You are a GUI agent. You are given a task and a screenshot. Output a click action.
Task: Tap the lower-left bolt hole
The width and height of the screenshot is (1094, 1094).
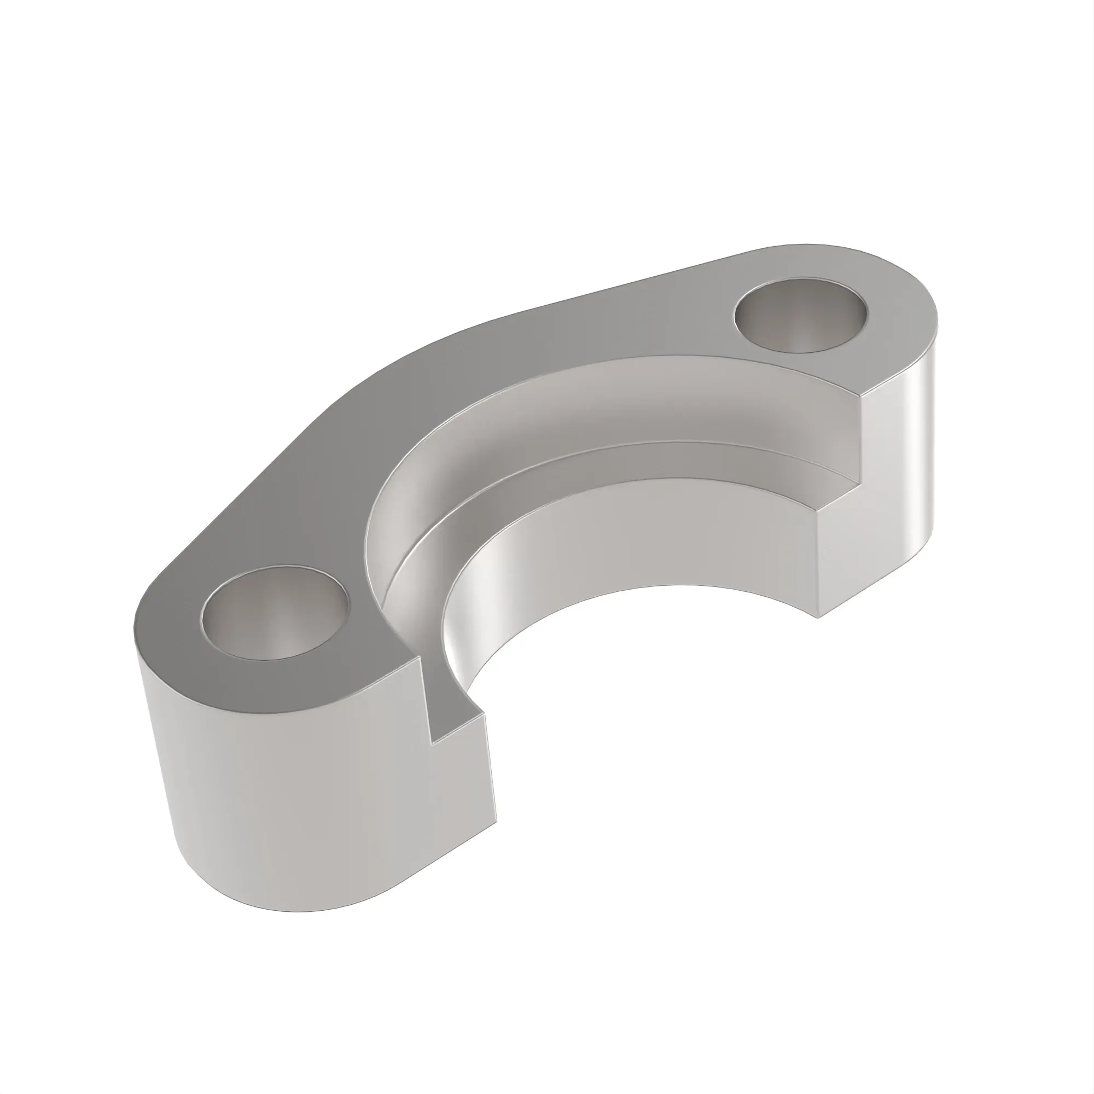click(275, 613)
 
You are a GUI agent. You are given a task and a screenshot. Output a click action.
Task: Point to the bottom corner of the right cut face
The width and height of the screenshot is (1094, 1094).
click(817, 616)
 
